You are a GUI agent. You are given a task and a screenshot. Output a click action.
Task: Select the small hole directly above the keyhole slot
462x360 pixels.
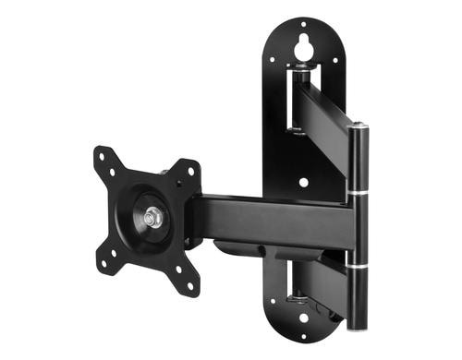point(302,23)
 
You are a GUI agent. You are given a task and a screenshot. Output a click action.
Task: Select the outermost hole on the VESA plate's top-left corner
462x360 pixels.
point(101,153)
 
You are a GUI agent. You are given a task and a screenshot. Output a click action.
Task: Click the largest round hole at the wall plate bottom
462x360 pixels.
point(302,318)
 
